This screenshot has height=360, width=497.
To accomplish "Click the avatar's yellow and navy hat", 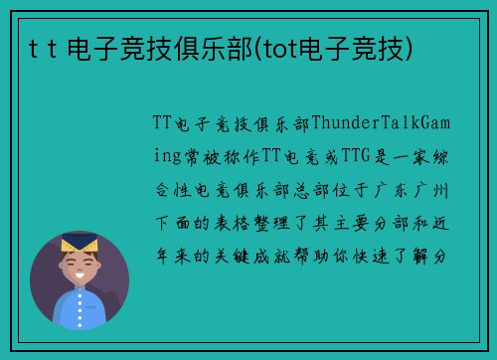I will click(78, 243).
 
